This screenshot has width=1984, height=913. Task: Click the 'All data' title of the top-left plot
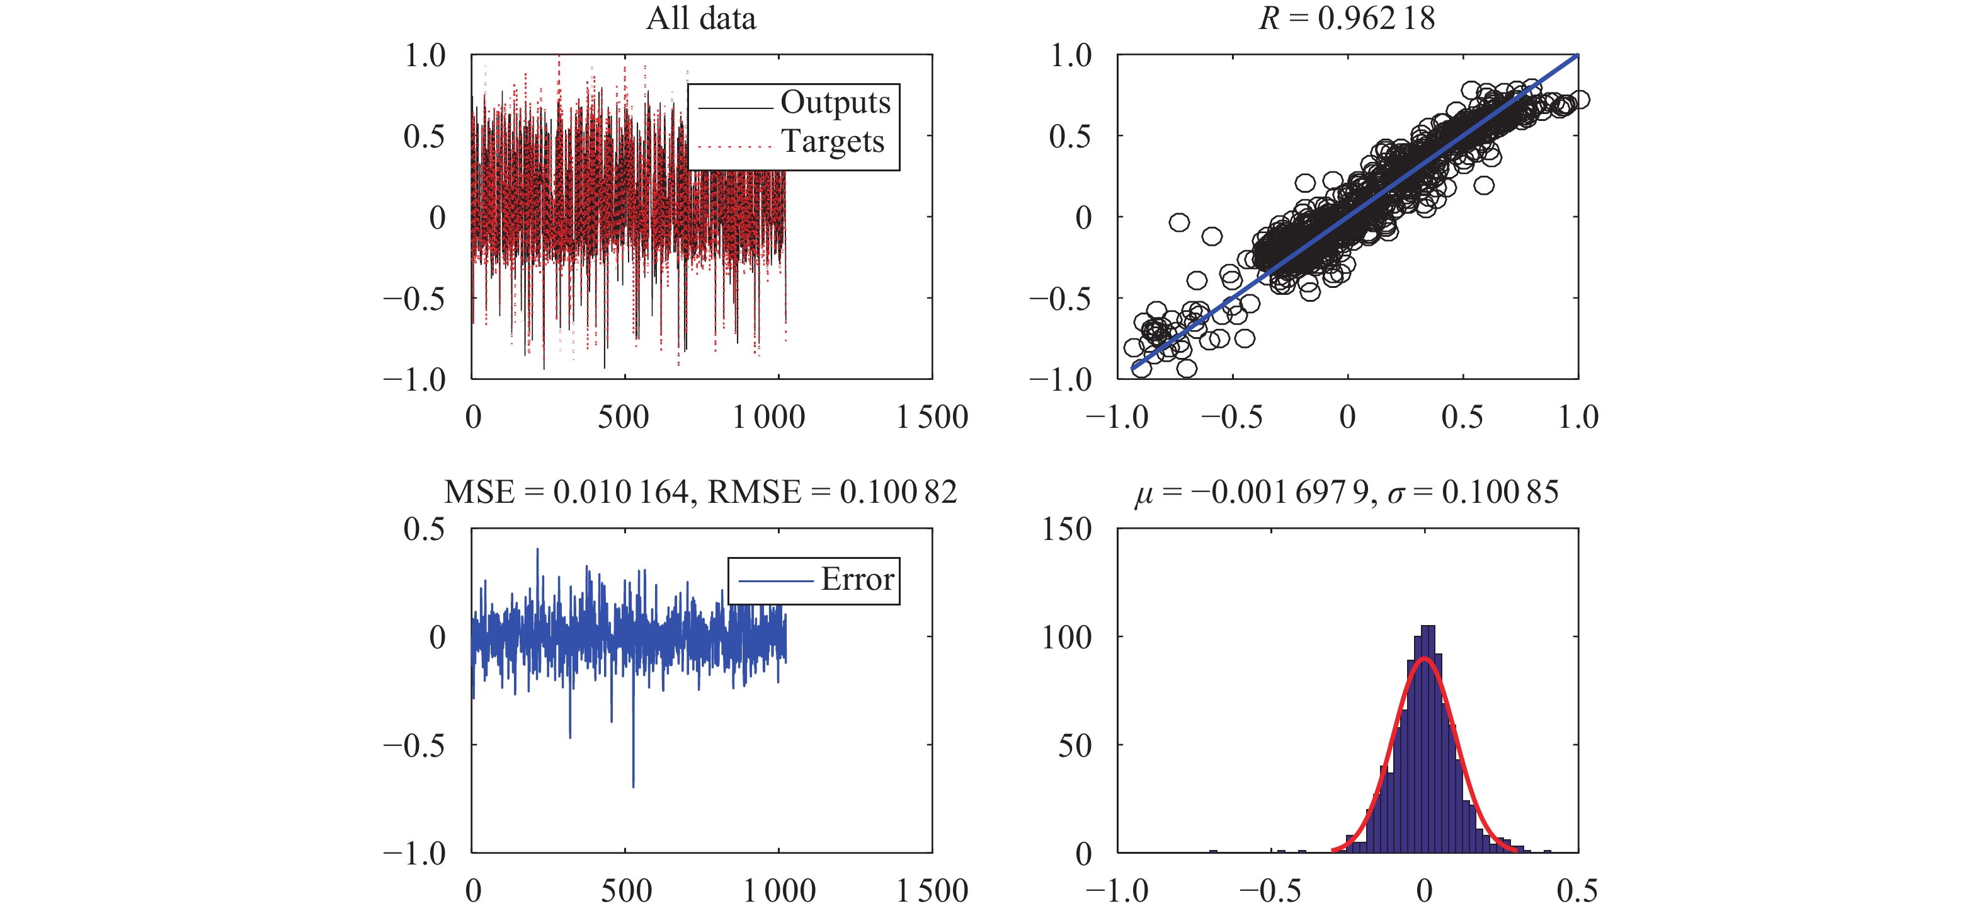point(701,18)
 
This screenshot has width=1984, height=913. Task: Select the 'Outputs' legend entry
point(835,103)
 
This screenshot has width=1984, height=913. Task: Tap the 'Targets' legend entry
point(833,142)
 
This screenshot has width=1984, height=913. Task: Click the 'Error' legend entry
point(857,580)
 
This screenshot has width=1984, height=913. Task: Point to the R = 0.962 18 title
point(1347,18)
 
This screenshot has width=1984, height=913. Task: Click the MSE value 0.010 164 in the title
point(621,492)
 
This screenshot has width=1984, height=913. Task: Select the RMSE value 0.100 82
point(898,492)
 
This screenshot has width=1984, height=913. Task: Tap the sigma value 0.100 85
point(1500,492)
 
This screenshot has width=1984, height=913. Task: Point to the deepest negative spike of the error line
point(633,785)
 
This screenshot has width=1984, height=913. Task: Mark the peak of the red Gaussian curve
point(1424,658)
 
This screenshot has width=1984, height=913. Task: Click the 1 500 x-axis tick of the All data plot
point(932,418)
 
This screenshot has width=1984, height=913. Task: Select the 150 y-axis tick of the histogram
point(1067,529)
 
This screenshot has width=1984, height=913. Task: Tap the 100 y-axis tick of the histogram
point(1067,637)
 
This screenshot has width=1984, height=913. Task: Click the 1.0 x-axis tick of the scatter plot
point(1578,418)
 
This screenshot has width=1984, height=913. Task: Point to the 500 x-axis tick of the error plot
point(625,892)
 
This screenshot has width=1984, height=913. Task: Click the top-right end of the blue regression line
point(1576,55)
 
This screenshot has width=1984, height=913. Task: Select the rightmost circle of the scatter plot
point(1579,100)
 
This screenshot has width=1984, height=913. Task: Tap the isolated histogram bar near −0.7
point(1213,851)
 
